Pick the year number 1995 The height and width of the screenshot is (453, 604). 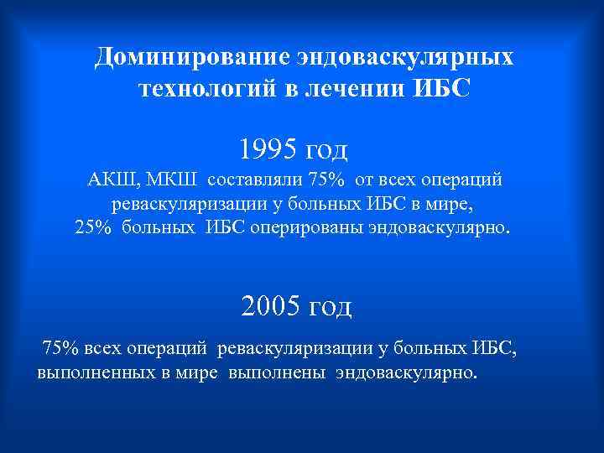tap(268, 149)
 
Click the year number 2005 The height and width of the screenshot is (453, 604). tap(269, 306)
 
